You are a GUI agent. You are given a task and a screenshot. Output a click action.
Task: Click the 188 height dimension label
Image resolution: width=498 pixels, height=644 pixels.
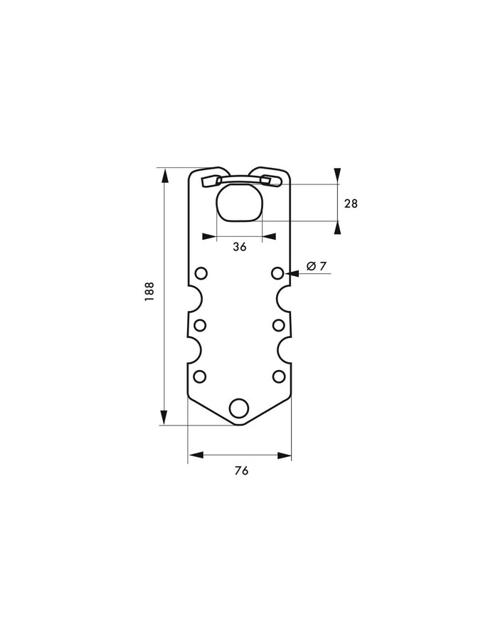pos(149,292)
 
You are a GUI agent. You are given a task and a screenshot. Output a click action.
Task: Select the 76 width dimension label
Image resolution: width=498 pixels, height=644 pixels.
pos(240,471)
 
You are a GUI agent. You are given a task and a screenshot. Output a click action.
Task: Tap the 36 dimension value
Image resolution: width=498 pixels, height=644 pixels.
pos(239,246)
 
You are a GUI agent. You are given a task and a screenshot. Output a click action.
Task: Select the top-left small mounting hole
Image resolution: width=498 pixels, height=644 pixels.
pos(201,273)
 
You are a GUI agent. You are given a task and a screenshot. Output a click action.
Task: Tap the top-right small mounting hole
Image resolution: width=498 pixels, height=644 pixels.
pos(278,273)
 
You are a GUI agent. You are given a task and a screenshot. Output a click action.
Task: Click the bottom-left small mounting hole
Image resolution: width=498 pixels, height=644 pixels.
pos(200,376)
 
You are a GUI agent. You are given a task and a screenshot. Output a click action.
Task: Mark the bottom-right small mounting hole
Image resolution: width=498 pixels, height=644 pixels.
pos(278,376)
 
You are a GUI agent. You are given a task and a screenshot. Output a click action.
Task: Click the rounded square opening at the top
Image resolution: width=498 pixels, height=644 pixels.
pos(239,204)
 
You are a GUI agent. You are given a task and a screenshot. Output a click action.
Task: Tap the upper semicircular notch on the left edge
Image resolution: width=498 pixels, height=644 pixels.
pos(193,299)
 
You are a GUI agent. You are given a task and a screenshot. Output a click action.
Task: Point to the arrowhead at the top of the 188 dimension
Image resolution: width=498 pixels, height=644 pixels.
pos(166,175)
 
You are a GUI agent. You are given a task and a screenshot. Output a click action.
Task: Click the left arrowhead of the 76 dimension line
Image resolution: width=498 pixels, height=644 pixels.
pos(195,454)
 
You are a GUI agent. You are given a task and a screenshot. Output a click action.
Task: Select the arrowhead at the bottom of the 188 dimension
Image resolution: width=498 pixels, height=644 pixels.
pos(166,418)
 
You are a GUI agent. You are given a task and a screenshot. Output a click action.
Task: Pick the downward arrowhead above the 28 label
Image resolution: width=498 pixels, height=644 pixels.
pos(338,176)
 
